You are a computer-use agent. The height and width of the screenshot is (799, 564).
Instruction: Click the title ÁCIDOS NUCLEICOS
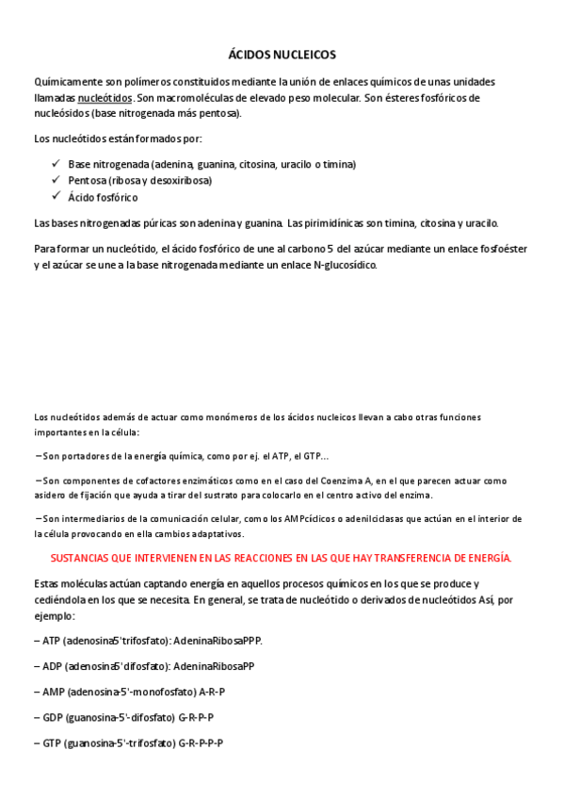point(282,56)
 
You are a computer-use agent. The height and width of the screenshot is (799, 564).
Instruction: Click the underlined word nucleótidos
point(105,97)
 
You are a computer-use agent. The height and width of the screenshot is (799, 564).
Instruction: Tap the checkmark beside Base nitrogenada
point(56,163)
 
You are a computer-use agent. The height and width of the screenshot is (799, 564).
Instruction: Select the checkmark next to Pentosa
point(56,179)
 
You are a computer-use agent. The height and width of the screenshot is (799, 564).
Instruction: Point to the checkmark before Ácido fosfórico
point(56,196)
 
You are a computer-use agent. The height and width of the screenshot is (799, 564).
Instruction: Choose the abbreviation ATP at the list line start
point(50,641)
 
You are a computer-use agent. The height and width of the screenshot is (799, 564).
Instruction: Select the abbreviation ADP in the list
point(51,666)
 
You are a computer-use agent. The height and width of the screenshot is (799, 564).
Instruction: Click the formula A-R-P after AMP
point(212,692)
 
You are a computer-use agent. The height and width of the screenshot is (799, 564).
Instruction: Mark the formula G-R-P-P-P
point(200,742)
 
